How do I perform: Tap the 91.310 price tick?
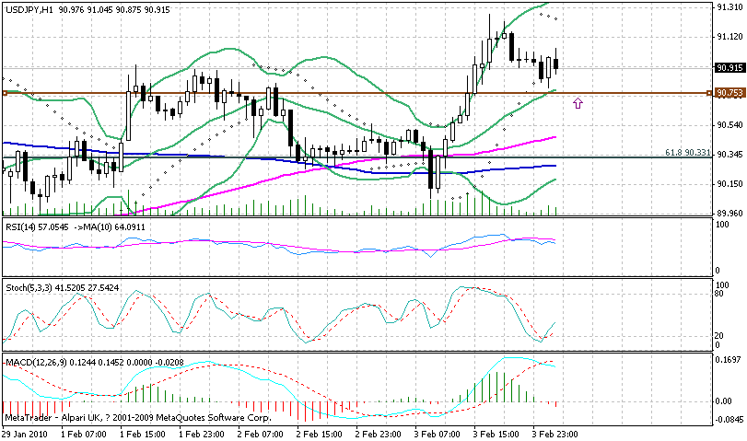tap(729, 7)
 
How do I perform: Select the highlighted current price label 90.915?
tap(729, 67)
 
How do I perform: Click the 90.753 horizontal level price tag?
tap(729, 93)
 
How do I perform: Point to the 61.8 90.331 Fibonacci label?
tap(686, 152)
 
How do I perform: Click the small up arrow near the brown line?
tap(578, 103)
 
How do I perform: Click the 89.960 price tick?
tap(729, 213)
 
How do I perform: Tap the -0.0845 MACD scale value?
tap(729, 420)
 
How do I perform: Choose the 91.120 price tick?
tap(729, 37)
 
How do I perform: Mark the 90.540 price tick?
tap(729, 124)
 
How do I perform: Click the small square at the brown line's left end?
tap(5, 93)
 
